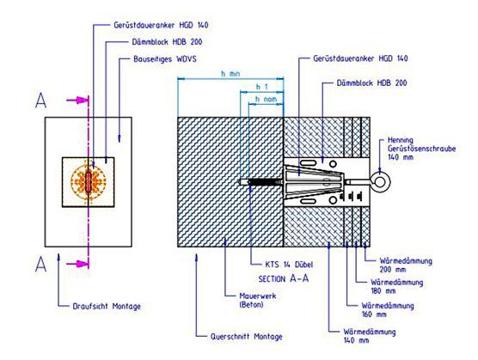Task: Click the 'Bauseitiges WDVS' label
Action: pyautogui.click(x=164, y=59)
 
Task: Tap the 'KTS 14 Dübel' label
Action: pyautogui.click(x=289, y=265)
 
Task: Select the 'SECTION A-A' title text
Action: pyautogui.click(x=284, y=278)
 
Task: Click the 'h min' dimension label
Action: pyautogui.click(x=230, y=74)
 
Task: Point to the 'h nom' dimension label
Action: pyautogui.click(x=266, y=99)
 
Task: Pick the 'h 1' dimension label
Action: pyautogui.click(x=261, y=87)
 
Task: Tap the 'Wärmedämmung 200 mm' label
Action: pyautogui.click(x=406, y=265)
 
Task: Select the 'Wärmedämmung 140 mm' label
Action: pyautogui.click(x=369, y=336)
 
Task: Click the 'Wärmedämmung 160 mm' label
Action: pyautogui.click(x=388, y=310)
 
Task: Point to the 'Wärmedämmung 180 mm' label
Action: pyautogui.click(x=396, y=286)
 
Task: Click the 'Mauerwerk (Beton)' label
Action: pyautogui.click(x=258, y=300)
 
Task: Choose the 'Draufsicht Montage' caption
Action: pyautogui.click(x=107, y=306)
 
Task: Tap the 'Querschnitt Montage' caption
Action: pyautogui.click(x=247, y=337)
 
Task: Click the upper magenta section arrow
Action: pyautogui.click(x=77, y=100)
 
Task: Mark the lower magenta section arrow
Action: pyautogui.click(x=77, y=264)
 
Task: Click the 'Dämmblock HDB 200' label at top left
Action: pyautogui.click(x=167, y=42)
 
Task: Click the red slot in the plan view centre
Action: pyautogui.click(x=89, y=182)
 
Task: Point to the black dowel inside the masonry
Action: pyautogui.click(x=264, y=182)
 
